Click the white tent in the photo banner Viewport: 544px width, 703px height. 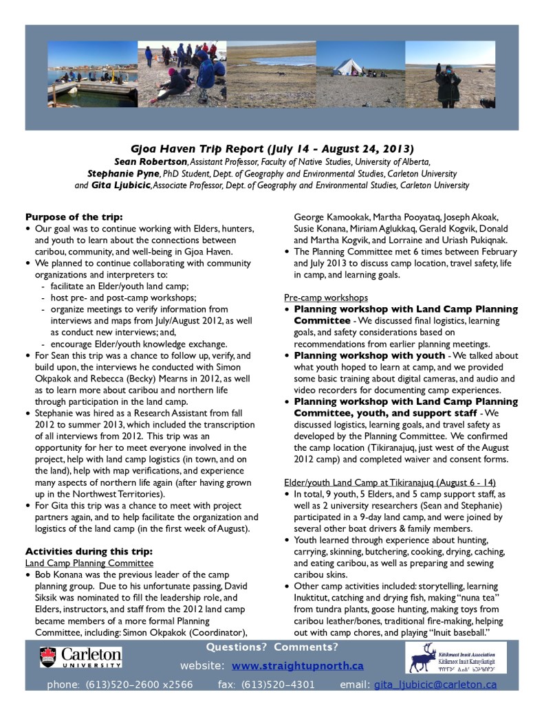click(x=351, y=67)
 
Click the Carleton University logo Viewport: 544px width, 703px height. click(x=80, y=658)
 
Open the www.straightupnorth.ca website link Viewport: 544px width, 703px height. click(x=297, y=666)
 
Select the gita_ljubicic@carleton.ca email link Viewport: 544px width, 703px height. click(x=435, y=684)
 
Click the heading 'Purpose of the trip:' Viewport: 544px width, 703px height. click(x=74, y=216)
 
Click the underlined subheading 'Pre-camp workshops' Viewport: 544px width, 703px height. click(x=325, y=298)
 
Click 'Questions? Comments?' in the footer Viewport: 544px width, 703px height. click(x=272, y=647)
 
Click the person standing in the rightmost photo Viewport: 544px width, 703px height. click(x=449, y=85)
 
